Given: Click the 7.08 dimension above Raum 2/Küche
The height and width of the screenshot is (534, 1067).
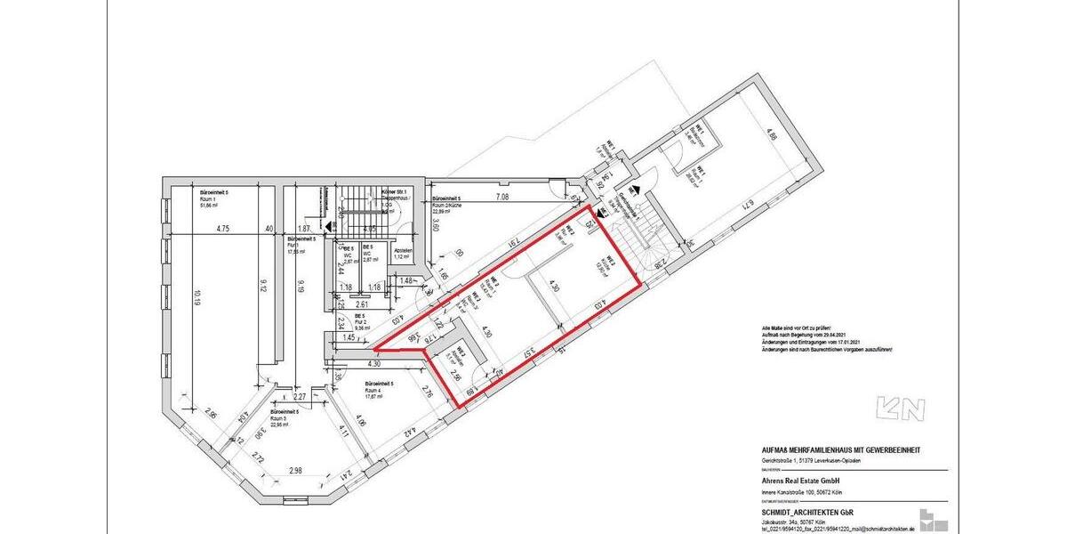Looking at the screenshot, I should (501, 197).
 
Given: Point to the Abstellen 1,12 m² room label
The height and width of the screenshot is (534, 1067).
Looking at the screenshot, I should (403, 254).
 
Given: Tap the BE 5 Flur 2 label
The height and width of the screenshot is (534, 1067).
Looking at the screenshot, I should (360, 320).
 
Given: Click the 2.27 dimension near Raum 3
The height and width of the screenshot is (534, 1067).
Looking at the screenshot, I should (301, 396).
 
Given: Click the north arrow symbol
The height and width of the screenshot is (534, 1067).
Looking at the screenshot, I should (901, 409).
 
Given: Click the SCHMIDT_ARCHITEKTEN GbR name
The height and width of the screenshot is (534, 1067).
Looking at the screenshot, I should (795, 512).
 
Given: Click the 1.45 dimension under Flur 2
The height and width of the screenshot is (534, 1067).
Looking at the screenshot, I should (349, 338).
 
